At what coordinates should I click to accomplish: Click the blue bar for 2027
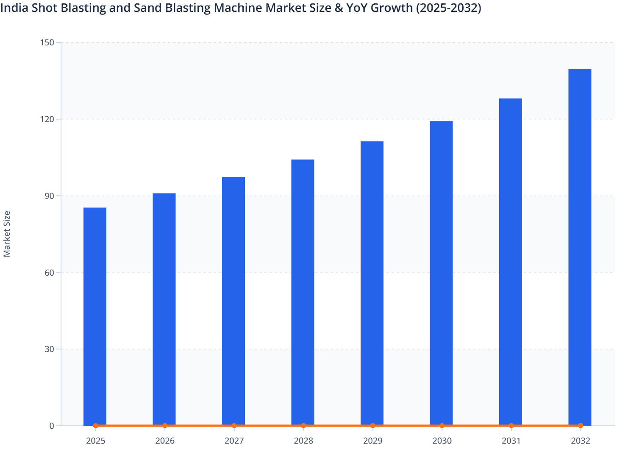point(233,301)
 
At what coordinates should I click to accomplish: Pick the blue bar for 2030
point(441,273)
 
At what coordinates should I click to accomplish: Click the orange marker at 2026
point(165,425)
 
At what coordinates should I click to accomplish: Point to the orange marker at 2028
point(303,425)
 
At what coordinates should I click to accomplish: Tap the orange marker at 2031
point(511,425)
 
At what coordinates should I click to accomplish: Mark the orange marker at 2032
point(581,425)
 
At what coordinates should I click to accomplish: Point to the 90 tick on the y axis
point(50,196)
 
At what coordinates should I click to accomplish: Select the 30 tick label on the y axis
point(50,349)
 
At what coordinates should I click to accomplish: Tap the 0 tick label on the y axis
point(52,426)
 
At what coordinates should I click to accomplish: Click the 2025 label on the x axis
point(96,441)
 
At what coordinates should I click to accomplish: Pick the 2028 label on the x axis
point(303,441)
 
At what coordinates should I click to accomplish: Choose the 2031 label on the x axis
point(511,441)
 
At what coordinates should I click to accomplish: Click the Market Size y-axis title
point(7,234)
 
